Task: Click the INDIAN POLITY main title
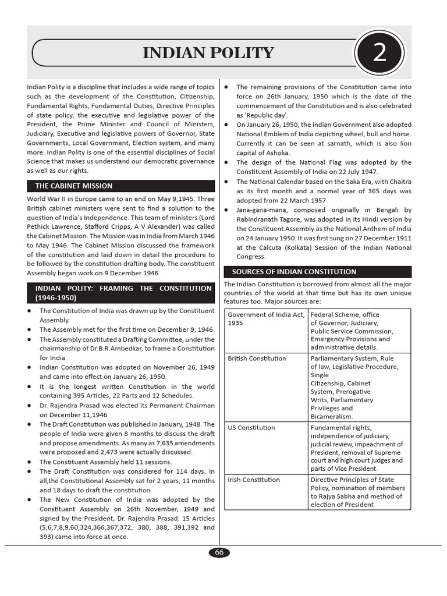click(x=208, y=54)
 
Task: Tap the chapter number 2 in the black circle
click(x=379, y=54)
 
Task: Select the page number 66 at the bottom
click(x=219, y=553)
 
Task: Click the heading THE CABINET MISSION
click(x=74, y=186)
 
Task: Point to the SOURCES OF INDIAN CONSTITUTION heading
click(x=294, y=272)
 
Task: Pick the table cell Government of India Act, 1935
click(x=257, y=319)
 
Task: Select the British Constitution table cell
click(x=257, y=359)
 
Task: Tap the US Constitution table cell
click(x=251, y=428)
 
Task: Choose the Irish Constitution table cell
click(x=254, y=480)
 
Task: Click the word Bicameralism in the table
click(x=332, y=417)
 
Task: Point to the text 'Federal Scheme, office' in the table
click(x=345, y=315)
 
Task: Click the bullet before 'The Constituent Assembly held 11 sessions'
click(x=29, y=462)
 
